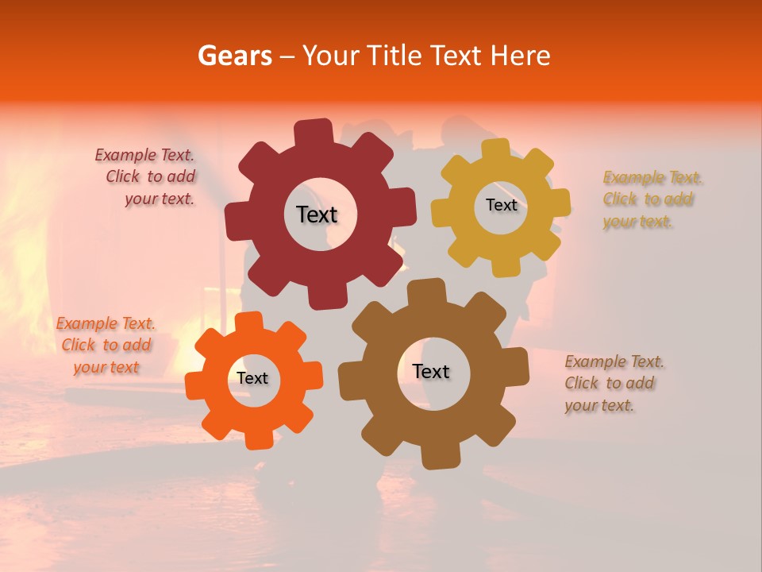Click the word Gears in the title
(x=235, y=56)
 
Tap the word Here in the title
(x=521, y=56)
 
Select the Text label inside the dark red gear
(x=317, y=214)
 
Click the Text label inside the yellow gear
(x=501, y=205)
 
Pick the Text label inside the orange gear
(x=252, y=379)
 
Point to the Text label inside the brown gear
(x=431, y=372)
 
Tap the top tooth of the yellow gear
(x=495, y=151)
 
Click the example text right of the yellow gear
(x=648, y=199)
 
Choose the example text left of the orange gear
(x=106, y=345)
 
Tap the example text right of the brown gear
(x=613, y=383)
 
